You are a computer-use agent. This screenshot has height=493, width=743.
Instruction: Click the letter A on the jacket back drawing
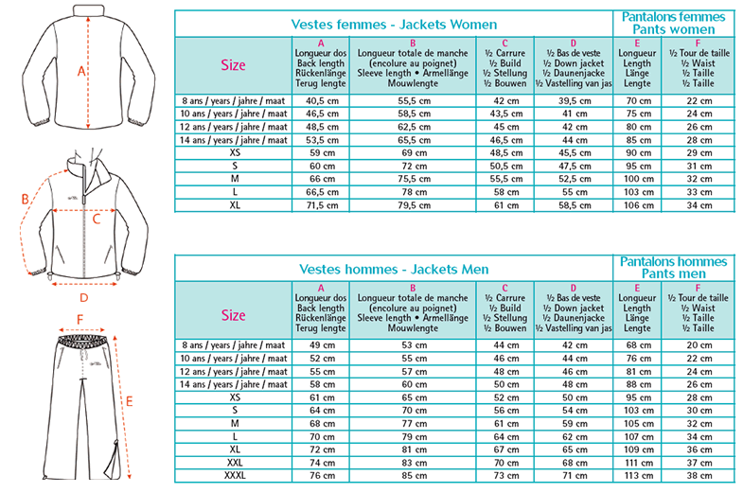point(81,71)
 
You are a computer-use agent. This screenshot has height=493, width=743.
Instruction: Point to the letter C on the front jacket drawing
point(96,216)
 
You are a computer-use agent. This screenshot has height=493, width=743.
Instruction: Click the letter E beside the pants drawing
point(130,401)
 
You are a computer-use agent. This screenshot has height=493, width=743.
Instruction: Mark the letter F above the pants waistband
point(80,319)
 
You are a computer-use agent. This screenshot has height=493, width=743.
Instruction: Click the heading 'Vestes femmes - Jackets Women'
point(394,24)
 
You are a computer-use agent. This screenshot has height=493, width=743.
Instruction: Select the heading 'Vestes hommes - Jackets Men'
point(394,270)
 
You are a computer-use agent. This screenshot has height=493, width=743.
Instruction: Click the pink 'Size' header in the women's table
point(232,65)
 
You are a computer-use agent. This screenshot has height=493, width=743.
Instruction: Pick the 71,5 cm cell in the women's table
point(322,204)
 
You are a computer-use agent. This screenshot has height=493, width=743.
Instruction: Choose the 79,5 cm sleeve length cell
point(413,204)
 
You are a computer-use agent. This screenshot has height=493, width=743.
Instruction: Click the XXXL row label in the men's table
point(234,477)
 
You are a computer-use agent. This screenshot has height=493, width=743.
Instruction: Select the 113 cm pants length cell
point(640,477)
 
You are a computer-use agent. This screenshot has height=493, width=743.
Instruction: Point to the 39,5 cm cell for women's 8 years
point(575,100)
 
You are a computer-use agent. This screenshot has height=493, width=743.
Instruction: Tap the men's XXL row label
point(234,464)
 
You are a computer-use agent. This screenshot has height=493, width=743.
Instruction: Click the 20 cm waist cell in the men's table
point(699,344)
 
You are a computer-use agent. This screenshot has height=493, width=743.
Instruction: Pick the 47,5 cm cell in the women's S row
point(575,165)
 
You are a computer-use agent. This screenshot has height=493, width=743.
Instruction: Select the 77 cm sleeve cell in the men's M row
point(413,424)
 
